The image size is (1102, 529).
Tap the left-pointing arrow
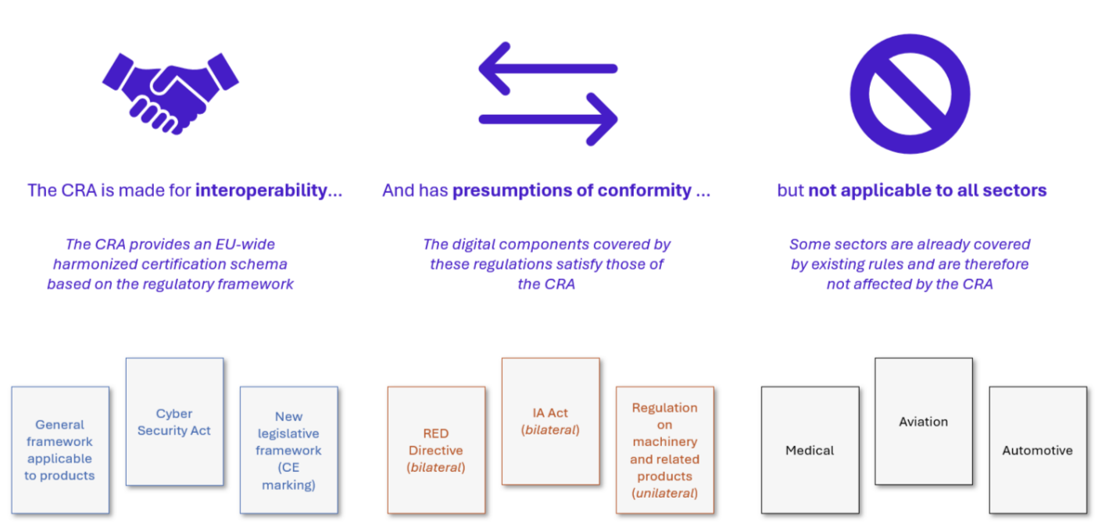pos(548,68)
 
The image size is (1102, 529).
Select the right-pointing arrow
pos(548,119)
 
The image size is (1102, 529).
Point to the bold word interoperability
pos(261,190)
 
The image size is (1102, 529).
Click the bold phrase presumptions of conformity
pos(571,190)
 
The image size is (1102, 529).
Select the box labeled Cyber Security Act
pos(174,422)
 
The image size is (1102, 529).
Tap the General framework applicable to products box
pos(60,450)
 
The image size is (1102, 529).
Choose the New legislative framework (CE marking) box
pos(288,450)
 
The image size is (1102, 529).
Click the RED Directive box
pos(436,450)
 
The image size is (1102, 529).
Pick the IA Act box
pos(550,421)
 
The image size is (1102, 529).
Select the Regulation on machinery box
pos(664,450)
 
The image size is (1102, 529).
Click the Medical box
pos(810,450)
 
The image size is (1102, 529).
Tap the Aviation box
pos(924,421)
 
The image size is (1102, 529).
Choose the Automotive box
pos(1038,450)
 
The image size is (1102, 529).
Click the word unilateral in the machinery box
pos(664,493)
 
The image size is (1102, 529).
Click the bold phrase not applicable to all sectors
pos(928,190)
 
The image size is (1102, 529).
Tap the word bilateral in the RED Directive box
pos(436,467)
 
